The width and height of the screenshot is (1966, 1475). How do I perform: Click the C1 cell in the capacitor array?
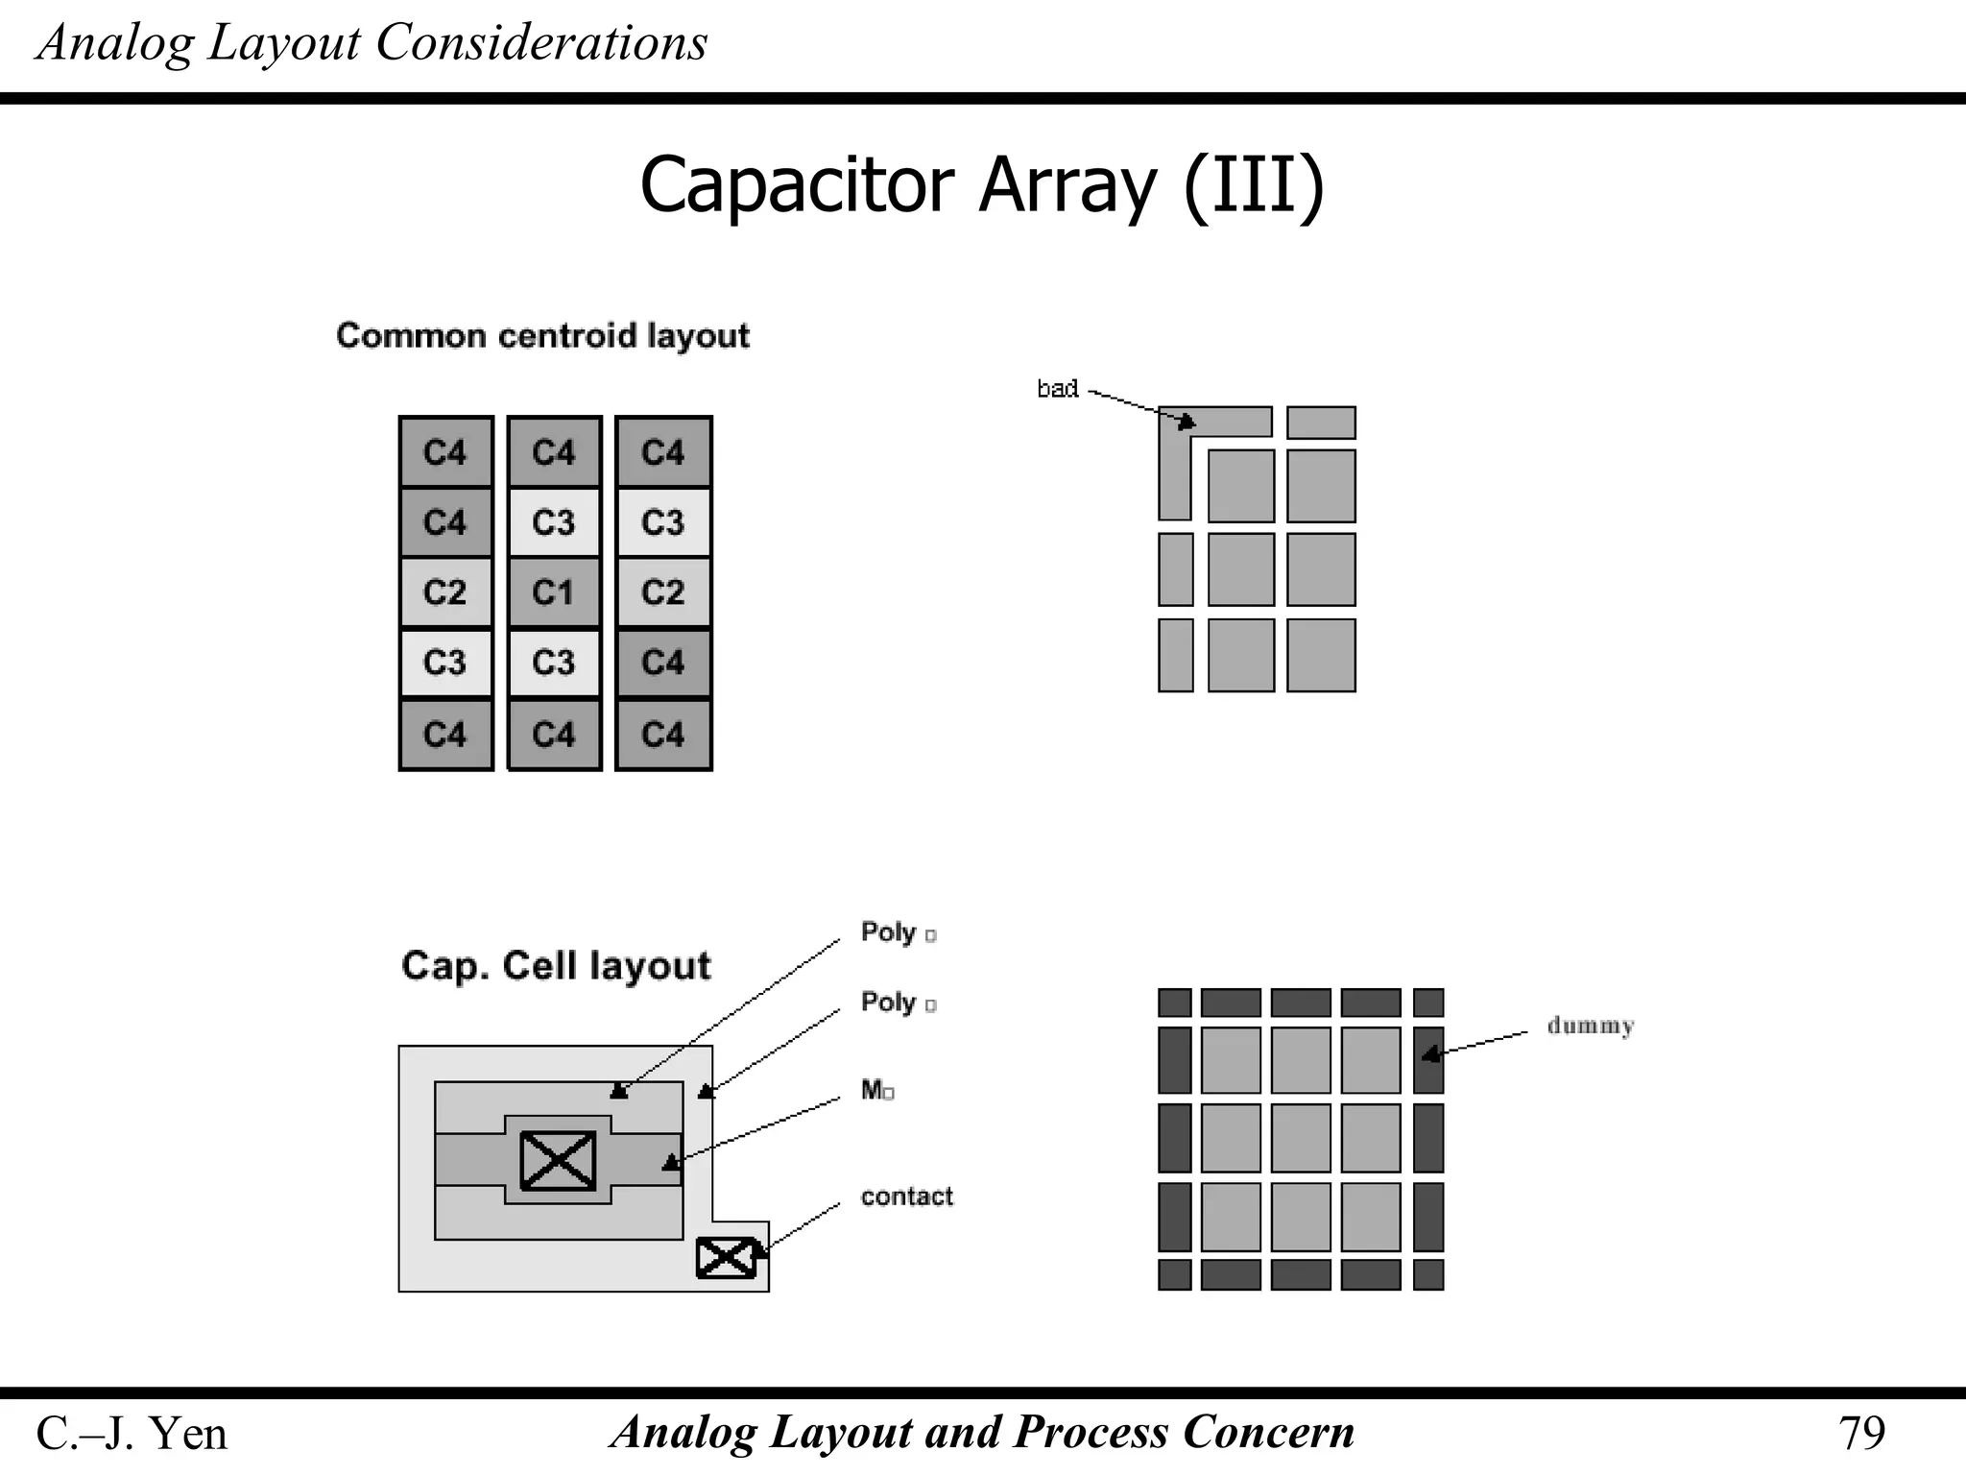point(554,592)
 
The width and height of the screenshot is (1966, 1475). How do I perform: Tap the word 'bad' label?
point(1057,389)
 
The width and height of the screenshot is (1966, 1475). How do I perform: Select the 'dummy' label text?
point(1590,1026)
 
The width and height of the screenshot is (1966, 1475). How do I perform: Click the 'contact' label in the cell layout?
point(906,1197)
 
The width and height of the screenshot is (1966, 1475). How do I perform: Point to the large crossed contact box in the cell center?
point(558,1160)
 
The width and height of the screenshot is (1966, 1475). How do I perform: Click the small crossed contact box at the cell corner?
point(726,1258)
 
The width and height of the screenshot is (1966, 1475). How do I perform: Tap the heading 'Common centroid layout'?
point(542,336)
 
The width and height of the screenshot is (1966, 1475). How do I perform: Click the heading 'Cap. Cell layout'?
point(556,966)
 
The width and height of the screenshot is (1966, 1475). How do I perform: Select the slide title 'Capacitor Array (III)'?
point(981,184)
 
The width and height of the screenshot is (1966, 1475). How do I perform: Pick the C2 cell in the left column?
point(445,592)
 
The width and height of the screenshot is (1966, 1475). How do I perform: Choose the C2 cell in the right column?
point(663,592)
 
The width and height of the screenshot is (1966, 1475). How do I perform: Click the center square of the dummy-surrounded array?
point(1301,1138)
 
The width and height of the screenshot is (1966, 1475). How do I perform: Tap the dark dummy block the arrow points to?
point(1428,1060)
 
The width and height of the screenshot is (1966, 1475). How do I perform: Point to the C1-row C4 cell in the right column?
point(663,663)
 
